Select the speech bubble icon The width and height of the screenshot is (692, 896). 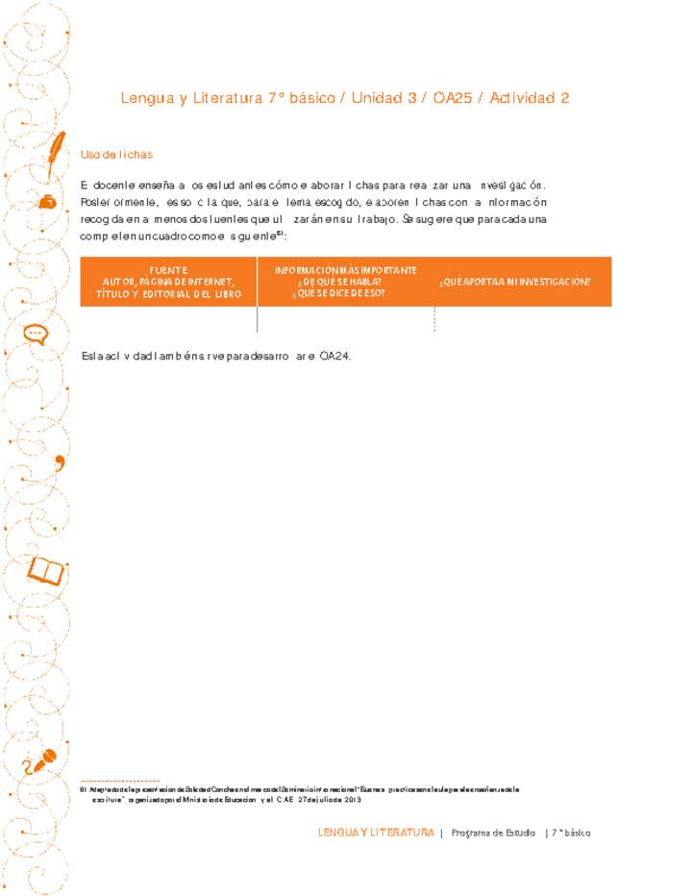tap(36, 333)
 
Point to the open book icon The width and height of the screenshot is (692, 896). tap(45, 571)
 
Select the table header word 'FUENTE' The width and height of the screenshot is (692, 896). tap(168, 270)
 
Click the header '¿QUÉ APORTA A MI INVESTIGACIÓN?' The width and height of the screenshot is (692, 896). tap(514, 282)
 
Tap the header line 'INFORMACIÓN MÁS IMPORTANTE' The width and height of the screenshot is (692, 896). tap(346, 270)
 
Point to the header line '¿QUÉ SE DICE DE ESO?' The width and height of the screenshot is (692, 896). tap(340, 292)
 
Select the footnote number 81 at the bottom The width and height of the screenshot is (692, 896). tap(83, 788)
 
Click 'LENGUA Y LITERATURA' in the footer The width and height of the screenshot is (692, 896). tap(376, 833)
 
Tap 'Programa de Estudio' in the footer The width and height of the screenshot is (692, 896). tap(493, 833)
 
